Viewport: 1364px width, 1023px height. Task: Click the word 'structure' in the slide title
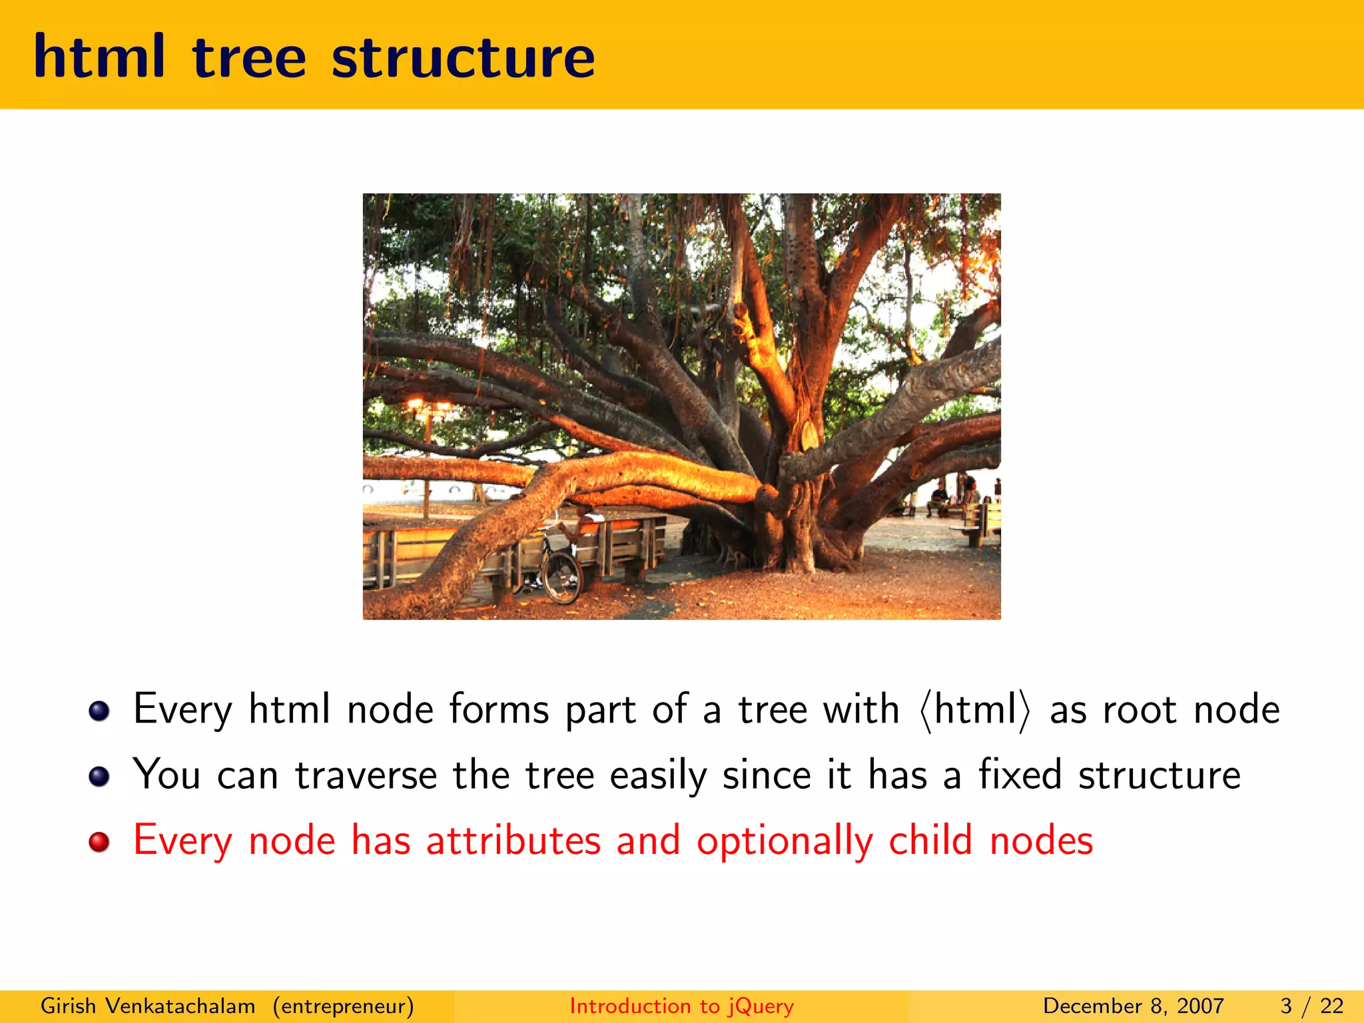[x=463, y=58]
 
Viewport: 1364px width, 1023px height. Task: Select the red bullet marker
[x=99, y=842]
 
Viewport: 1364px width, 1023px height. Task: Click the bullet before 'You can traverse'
[x=99, y=777]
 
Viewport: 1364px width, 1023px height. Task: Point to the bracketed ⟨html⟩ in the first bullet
[x=974, y=710]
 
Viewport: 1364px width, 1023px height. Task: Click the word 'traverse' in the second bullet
[x=366, y=776]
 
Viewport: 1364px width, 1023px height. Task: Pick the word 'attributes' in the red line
[x=513, y=841]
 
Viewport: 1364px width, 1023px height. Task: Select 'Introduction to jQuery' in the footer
[x=681, y=1006]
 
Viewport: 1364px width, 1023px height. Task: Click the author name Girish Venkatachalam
[x=148, y=1006]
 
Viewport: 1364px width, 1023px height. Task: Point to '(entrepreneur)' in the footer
[x=343, y=1006]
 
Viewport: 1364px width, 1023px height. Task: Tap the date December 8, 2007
[x=1133, y=1006]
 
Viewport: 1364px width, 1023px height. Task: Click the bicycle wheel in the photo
[x=561, y=576]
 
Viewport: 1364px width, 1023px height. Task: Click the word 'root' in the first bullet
[x=1140, y=710]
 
